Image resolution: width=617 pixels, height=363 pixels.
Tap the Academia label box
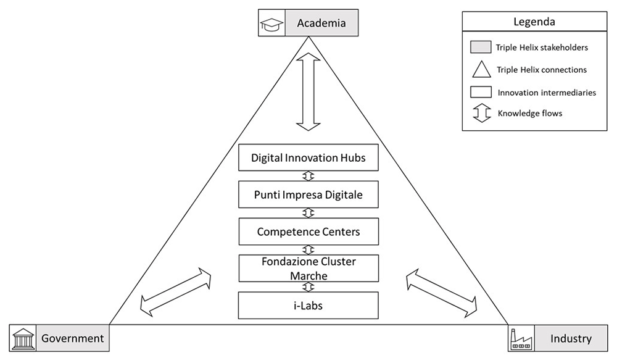(x=321, y=23)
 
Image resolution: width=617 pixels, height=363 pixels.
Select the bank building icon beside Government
(x=23, y=338)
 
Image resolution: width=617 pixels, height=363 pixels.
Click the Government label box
(x=73, y=338)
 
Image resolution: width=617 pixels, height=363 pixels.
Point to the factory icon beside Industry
(x=521, y=339)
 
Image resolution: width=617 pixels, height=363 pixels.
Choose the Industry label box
(x=571, y=338)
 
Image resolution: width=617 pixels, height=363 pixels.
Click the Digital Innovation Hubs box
(x=308, y=157)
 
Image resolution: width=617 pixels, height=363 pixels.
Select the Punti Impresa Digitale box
(x=308, y=194)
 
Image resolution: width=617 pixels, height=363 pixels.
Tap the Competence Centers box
(x=308, y=232)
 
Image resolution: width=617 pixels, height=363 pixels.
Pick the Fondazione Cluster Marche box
(x=308, y=269)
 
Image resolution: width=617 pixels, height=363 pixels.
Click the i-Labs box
(x=308, y=306)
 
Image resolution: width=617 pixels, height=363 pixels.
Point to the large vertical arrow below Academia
(x=308, y=92)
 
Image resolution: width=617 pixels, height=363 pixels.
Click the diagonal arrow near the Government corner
(x=175, y=292)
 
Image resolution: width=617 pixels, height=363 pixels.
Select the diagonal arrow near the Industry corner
(x=442, y=293)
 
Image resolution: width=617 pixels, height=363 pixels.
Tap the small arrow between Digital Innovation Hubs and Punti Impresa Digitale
(x=308, y=176)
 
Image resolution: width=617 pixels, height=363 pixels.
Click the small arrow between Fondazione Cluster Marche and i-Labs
(x=308, y=287)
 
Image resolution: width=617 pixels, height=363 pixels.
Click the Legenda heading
(x=534, y=22)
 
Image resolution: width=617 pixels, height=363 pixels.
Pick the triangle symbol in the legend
(x=481, y=70)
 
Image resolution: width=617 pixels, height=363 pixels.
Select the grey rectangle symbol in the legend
(x=481, y=48)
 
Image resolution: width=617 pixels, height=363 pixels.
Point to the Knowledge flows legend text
(x=529, y=114)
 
